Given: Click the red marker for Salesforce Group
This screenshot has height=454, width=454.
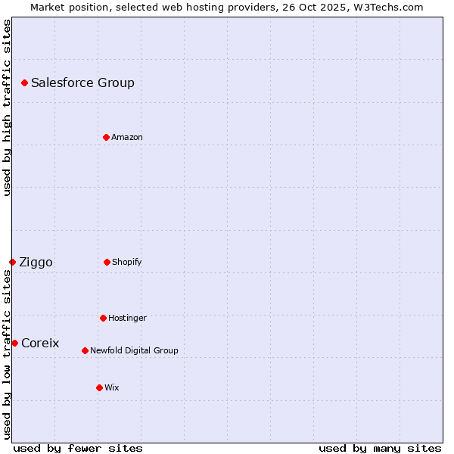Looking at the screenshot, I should [x=24, y=82].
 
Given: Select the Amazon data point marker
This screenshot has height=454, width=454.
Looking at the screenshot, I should [x=106, y=137].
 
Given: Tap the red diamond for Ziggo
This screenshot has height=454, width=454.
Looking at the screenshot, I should [x=12, y=262].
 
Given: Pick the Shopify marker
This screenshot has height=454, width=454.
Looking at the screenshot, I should [x=107, y=262].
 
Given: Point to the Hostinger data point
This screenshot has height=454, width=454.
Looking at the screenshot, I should [x=103, y=318].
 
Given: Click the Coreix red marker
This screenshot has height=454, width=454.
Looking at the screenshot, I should [x=14, y=343].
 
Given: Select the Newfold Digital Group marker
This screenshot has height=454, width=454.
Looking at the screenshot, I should [x=85, y=350].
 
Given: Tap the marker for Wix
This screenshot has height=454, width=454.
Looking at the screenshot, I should [x=99, y=387].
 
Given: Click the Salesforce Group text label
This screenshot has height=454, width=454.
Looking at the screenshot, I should [x=82, y=82].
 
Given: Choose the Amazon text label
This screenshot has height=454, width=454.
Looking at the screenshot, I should [x=127, y=137].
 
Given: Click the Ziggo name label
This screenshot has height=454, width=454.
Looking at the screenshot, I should [x=36, y=262].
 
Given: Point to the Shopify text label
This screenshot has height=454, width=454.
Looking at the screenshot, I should [x=127, y=262].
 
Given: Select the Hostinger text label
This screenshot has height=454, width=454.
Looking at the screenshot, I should [x=127, y=318].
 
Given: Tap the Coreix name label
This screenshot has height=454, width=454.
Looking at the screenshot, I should [x=40, y=343].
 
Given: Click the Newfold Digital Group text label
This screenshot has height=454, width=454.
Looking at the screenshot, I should [x=134, y=350].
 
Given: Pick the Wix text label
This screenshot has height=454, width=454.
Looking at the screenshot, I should [x=112, y=387].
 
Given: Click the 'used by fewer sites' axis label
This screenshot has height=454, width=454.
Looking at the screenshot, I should [x=78, y=448].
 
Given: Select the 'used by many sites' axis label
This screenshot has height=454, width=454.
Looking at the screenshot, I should [x=380, y=448].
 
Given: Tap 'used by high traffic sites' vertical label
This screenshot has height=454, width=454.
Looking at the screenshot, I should [x=7, y=107].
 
